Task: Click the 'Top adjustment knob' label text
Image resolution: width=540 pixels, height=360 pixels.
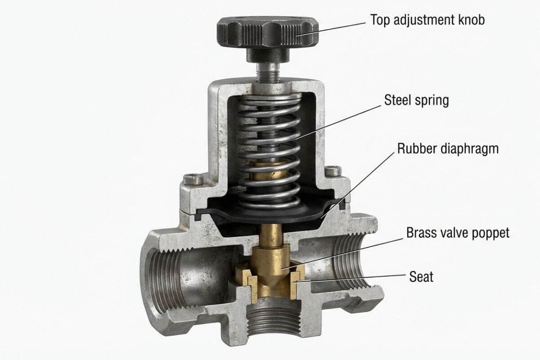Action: click(x=427, y=20)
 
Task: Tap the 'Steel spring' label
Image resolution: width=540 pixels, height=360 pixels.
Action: click(x=417, y=100)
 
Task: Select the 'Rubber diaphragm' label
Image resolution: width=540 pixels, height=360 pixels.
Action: click(x=448, y=149)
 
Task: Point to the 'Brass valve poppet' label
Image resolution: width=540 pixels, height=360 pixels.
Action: click(x=458, y=233)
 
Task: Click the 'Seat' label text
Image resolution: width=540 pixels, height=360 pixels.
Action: click(x=421, y=277)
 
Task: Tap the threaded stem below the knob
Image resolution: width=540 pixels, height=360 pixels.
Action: click(x=268, y=72)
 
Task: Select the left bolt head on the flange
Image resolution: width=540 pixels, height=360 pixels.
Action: click(x=193, y=179)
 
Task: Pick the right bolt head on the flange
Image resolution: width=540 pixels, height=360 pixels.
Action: click(x=333, y=171)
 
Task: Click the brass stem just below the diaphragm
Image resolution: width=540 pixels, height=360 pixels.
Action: click(x=272, y=235)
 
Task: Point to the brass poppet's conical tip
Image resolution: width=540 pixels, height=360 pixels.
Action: click(x=271, y=280)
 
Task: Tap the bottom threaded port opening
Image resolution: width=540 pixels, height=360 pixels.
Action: click(x=274, y=321)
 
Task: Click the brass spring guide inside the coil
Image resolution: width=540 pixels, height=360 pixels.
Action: click(x=268, y=170)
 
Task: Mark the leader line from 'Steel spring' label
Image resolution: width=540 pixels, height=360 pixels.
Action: click(x=338, y=122)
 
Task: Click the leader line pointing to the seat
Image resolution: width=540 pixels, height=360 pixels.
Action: click(x=351, y=278)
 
